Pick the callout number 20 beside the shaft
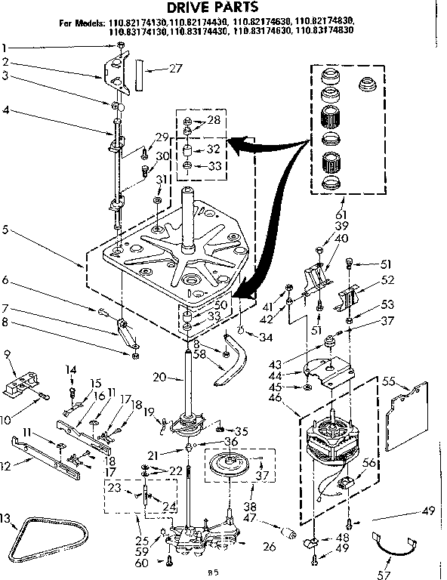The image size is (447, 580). pyautogui.click(x=158, y=378)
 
